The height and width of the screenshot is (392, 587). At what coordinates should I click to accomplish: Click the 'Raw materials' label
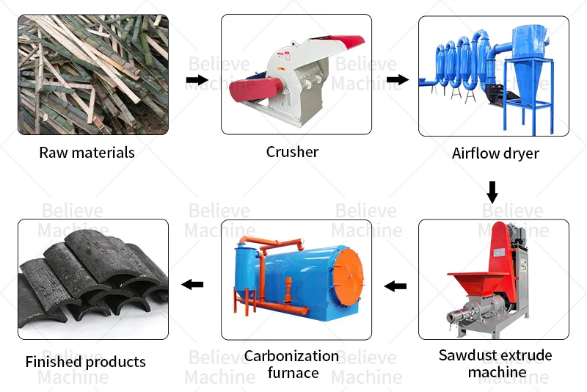point(87,153)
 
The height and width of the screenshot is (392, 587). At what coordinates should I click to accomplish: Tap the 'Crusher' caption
point(292,152)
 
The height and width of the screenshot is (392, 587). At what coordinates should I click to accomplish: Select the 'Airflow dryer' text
point(495,153)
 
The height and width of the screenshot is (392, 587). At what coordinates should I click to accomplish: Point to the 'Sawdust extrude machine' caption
point(495,363)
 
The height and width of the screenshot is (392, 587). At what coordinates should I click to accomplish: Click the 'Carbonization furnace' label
point(292,364)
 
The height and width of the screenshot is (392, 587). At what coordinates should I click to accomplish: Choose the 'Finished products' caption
point(85,362)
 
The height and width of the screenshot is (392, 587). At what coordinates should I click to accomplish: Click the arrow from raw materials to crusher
point(196,79)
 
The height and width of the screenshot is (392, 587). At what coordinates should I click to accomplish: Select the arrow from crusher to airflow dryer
point(397,79)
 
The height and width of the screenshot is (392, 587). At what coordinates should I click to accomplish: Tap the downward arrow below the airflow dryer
point(492,192)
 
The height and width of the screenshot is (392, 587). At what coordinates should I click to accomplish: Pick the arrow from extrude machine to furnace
point(396,285)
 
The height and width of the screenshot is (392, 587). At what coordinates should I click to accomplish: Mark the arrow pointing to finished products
point(193,284)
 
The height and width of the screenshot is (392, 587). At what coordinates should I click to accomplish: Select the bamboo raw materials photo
point(92,75)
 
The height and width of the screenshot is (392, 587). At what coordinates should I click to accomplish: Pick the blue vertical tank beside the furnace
point(245,273)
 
